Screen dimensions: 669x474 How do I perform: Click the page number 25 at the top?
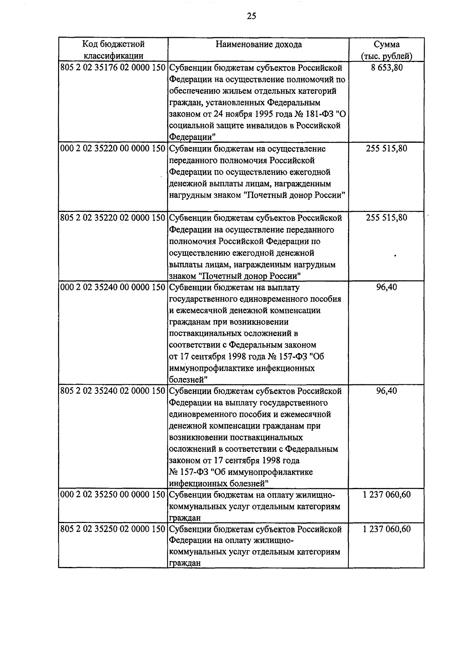[252, 16]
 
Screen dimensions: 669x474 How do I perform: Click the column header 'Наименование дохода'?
[259, 44]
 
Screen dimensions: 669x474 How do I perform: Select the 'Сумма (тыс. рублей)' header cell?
[386, 50]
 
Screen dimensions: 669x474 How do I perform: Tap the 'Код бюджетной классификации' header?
[113, 50]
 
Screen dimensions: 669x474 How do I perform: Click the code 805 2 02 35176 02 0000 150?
[113, 68]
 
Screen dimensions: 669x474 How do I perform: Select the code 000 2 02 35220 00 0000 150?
[113, 149]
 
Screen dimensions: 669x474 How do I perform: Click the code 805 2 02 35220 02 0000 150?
[113, 218]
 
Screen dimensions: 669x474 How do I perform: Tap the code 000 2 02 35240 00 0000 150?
[113, 287]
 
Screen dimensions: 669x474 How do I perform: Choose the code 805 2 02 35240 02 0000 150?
[113, 391]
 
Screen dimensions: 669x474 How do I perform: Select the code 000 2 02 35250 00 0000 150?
[113, 495]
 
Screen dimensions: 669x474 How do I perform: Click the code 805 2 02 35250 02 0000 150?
[113, 529]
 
